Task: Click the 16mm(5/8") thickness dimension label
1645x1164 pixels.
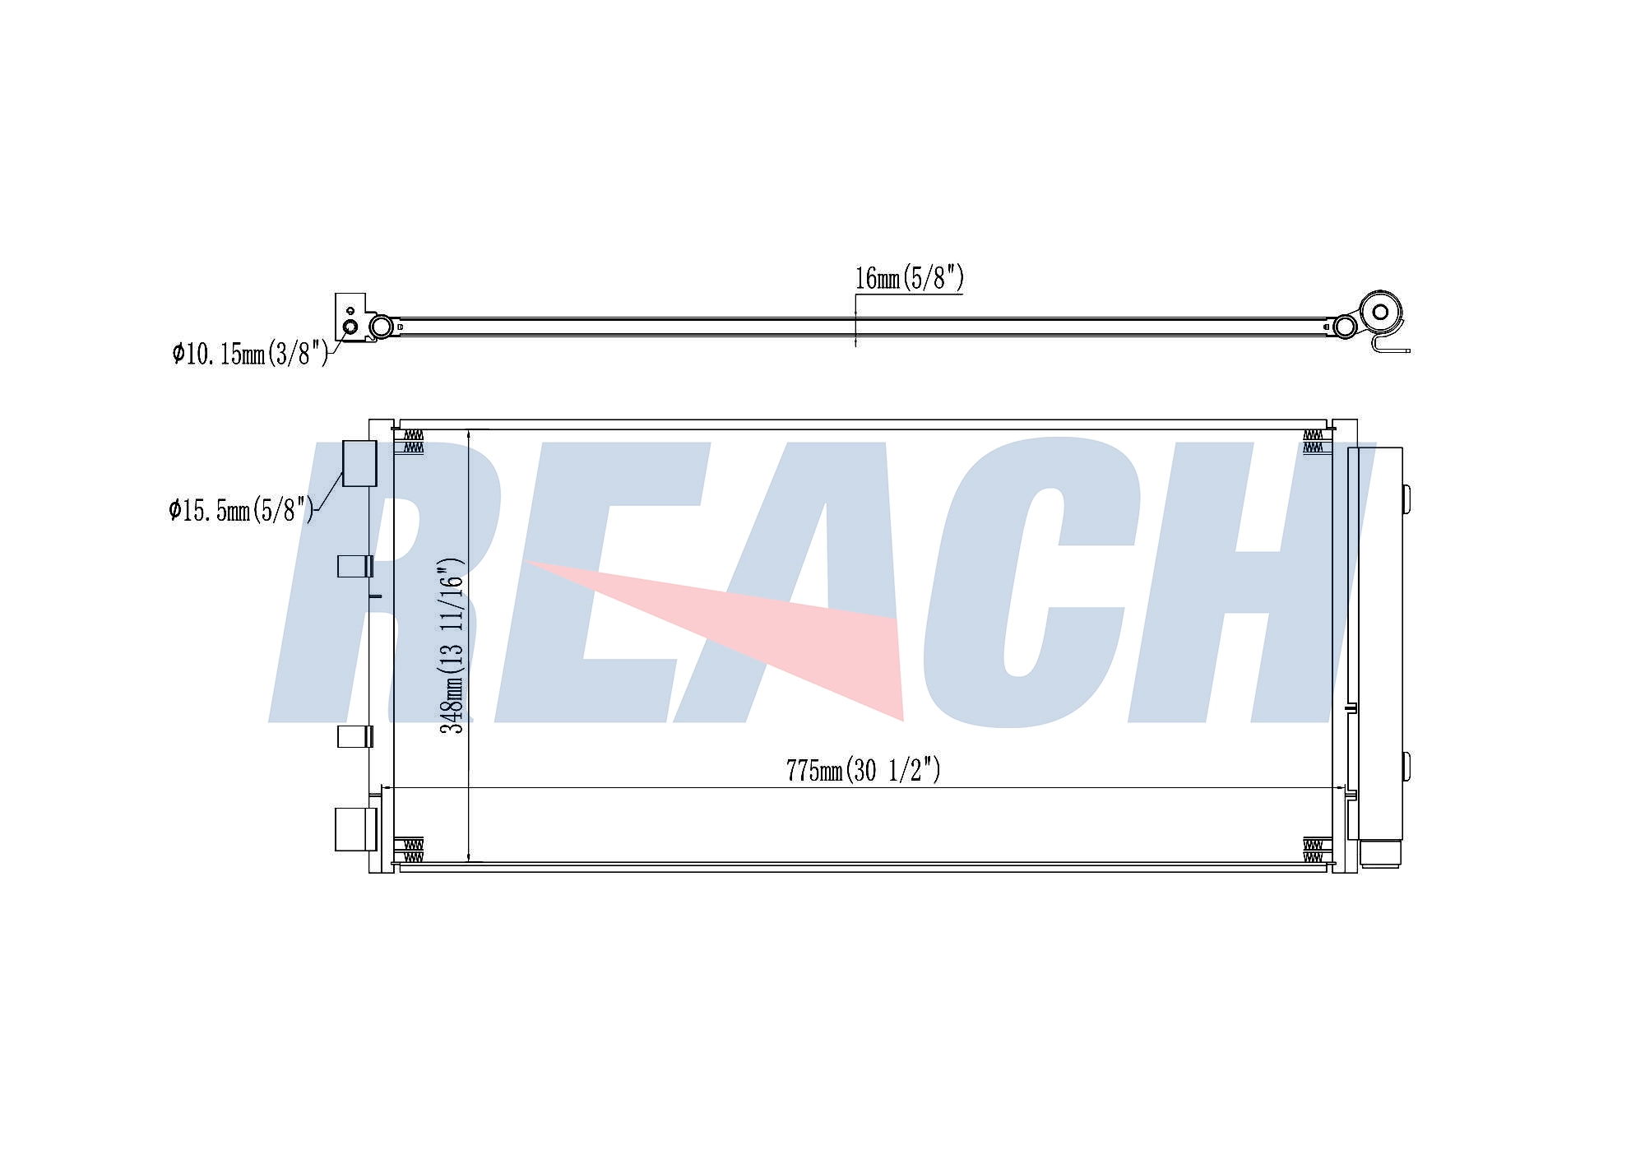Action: click(x=909, y=278)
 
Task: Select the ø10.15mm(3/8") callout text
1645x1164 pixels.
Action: click(x=251, y=354)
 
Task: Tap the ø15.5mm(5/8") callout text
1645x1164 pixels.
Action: click(x=242, y=510)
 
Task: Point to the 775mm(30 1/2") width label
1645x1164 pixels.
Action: click(x=863, y=770)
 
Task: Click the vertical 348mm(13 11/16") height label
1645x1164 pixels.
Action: click(x=452, y=646)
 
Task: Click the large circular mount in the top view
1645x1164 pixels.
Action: click(x=1380, y=312)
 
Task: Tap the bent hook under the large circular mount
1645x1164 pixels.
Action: click(x=1390, y=345)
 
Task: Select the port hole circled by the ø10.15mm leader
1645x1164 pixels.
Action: click(x=350, y=327)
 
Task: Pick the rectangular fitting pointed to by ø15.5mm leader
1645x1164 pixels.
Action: click(x=359, y=463)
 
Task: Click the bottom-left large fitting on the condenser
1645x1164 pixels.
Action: click(x=355, y=829)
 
